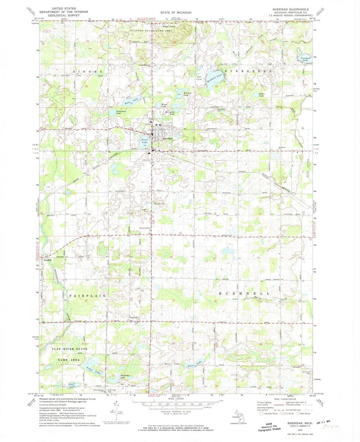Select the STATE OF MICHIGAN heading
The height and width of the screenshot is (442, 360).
(176, 12)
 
